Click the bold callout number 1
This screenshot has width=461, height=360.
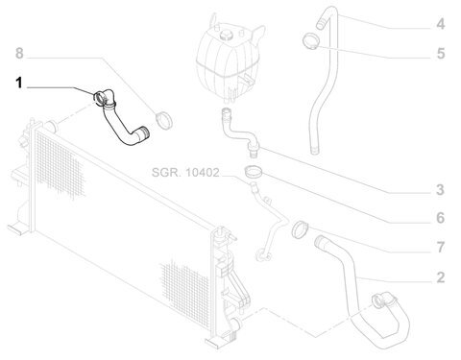pos(19,84)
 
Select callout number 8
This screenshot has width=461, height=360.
pos(19,53)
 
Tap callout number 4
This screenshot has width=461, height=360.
pos(441,24)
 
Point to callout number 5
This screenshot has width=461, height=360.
pos(441,54)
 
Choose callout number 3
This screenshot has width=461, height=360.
pos(441,190)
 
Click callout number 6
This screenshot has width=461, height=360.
pos(441,218)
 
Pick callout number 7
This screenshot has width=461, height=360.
pos(441,247)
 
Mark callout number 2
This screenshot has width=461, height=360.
pos(441,277)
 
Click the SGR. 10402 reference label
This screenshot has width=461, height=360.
pos(185,173)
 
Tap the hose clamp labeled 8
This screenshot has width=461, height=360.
pos(164,121)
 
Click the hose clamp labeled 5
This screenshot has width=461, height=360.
pos(311,41)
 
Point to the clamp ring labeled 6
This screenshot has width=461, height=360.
pos(254,171)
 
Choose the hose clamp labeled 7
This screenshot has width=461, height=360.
pos(300,229)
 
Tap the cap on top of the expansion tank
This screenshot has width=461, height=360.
pos(227,35)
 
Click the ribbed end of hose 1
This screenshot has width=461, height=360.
pos(144,132)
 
